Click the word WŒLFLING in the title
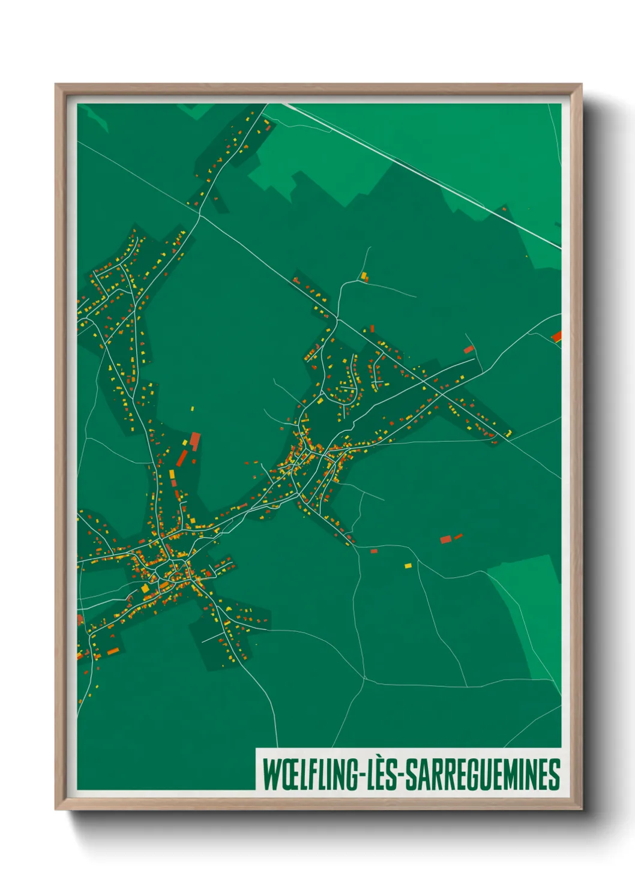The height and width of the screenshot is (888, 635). pyautogui.click(x=310, y=775)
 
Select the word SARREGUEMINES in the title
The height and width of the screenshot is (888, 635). pyautogui.click(x=483, y=775)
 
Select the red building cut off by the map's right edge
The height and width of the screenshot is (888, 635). pyautogui.click(x=557, y=337)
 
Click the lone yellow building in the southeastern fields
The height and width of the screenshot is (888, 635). pyautogui.click(x=408, y=565)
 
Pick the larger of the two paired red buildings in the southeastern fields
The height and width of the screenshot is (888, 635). pyautogui.click(x=445, y=539)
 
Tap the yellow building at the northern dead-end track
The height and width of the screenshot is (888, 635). pyautogui.click(x=364, y=276)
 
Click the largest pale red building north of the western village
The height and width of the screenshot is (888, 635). pyautogui.click(x=195, y=441)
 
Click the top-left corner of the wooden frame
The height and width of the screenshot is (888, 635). pyautogui.click(x=56, y=85)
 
